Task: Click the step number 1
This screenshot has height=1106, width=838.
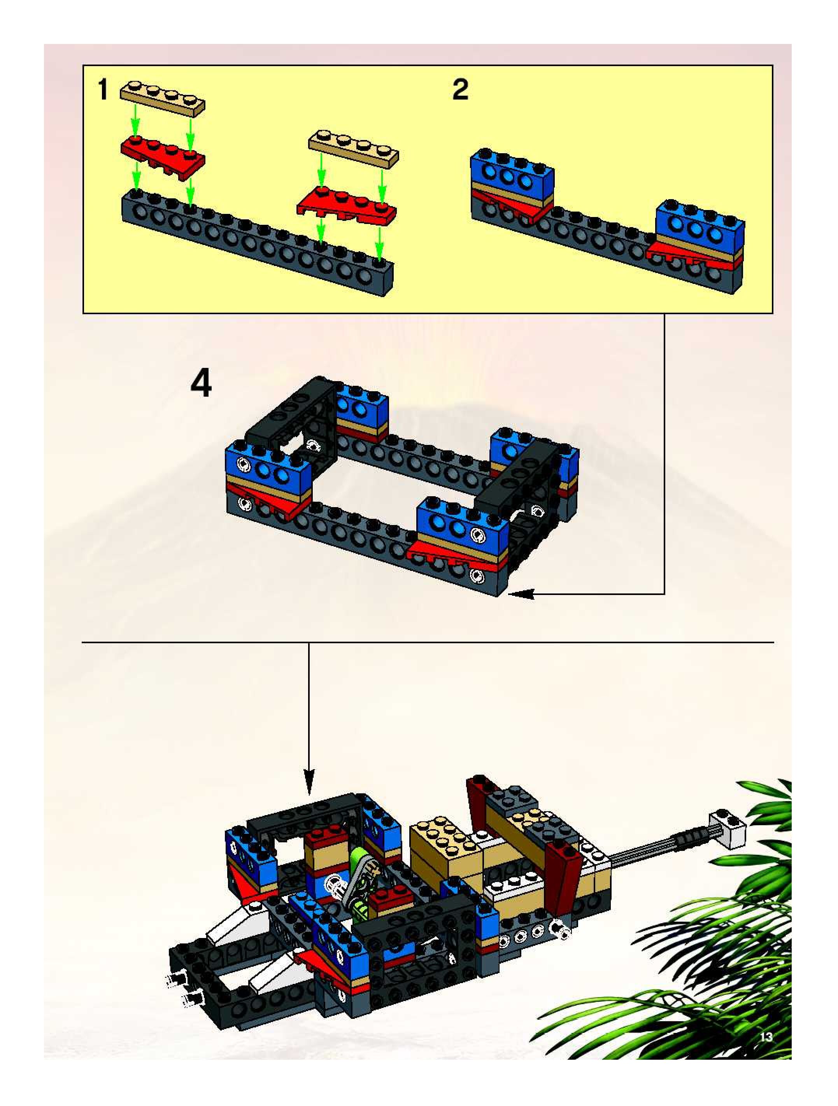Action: pyautogui.click(x=103, y=91)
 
